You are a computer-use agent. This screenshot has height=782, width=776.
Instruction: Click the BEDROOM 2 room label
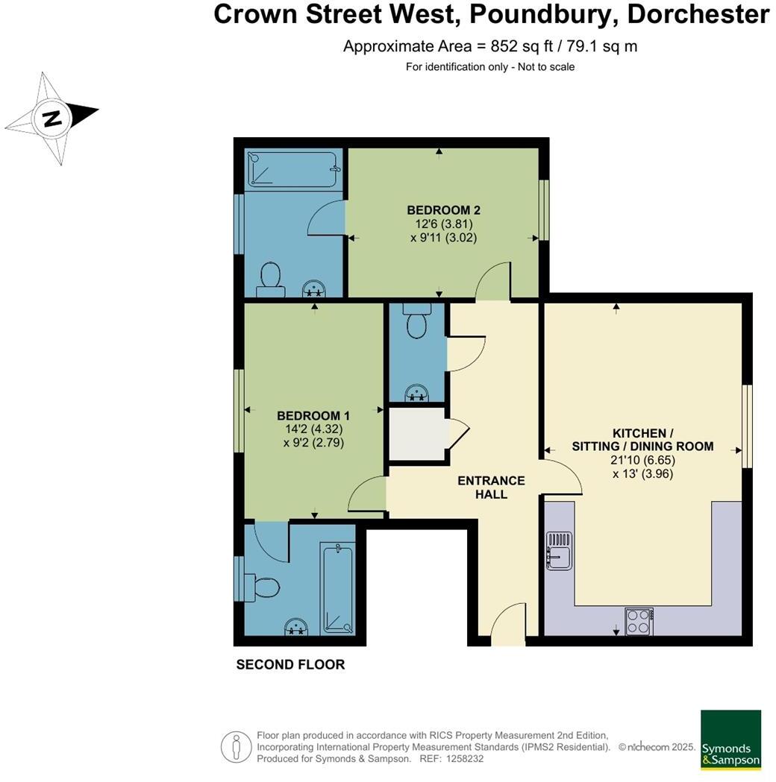[443, 210]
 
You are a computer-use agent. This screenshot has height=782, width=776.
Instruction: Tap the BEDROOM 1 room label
[313, 415]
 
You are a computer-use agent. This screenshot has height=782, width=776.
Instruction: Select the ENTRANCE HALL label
[492, 488]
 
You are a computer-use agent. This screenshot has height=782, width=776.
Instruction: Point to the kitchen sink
[560, 551]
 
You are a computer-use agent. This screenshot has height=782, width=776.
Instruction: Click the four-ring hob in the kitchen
[639, 622]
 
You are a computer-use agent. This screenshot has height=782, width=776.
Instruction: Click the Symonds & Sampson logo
[731, 740]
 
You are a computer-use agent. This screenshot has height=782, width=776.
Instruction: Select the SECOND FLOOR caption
[290, 665]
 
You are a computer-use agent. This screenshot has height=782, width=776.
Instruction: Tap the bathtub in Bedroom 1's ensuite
[338, 590]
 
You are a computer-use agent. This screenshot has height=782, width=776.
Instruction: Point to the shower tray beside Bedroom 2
[292, 169]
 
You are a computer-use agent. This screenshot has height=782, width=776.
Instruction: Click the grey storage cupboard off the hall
[417, 434]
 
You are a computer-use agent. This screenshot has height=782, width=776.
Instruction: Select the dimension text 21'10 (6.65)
[642, 460]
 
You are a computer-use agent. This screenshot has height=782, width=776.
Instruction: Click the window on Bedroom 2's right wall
[544, 210]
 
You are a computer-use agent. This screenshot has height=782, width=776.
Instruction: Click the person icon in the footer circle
[237, 747]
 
